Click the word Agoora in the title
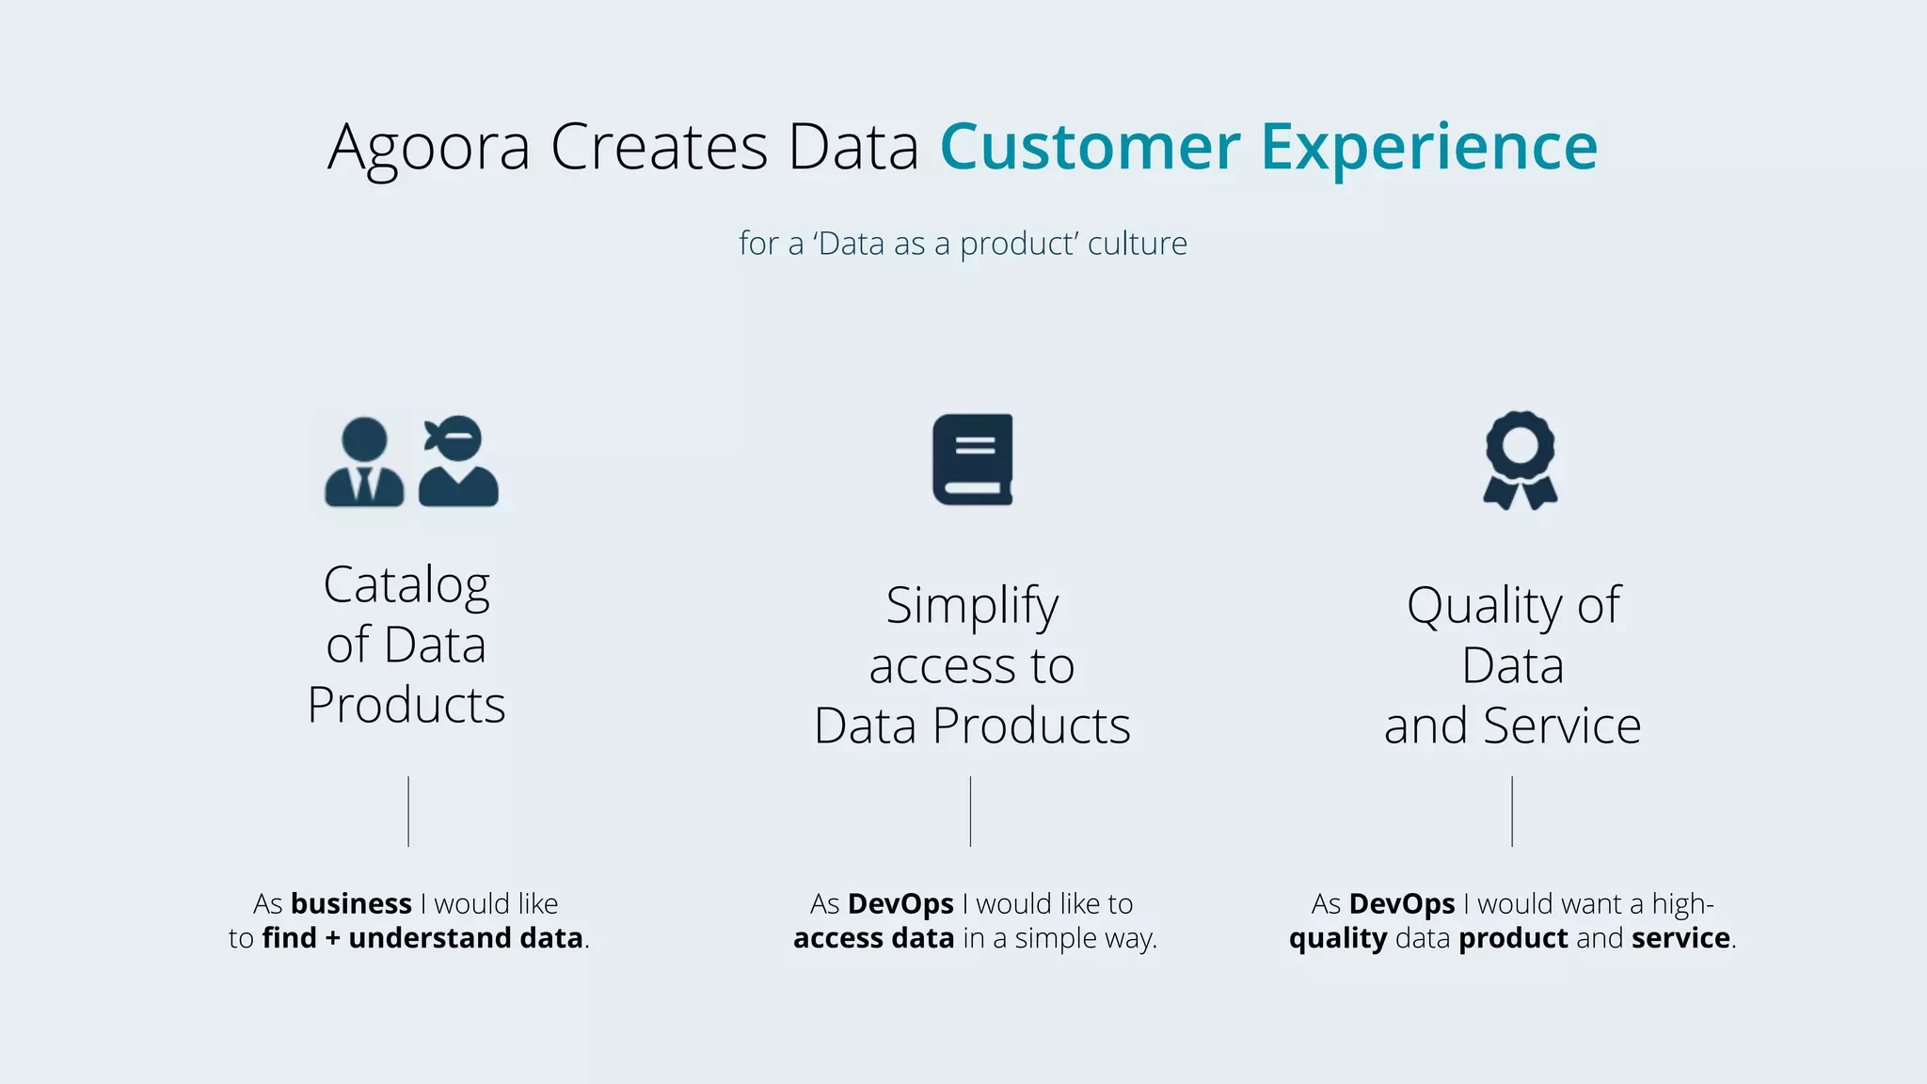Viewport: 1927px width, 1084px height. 429,149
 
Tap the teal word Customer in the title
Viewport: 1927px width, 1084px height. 1090,147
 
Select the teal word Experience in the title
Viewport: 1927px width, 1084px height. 1428,149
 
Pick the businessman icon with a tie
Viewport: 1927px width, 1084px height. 364,462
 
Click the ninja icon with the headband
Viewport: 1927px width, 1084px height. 458,462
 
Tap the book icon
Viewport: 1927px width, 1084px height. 973,459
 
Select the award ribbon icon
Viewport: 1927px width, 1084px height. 1520,460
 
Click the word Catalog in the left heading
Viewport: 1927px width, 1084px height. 406,586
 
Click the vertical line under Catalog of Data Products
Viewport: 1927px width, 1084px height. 408,811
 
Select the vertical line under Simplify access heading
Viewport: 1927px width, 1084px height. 970,811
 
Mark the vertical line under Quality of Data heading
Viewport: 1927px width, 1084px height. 1512,811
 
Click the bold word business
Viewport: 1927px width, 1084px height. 351,904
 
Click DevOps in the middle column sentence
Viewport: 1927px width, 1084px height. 900,904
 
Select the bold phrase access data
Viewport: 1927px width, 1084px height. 873,938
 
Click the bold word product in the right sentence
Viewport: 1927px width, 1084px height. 1513,938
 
